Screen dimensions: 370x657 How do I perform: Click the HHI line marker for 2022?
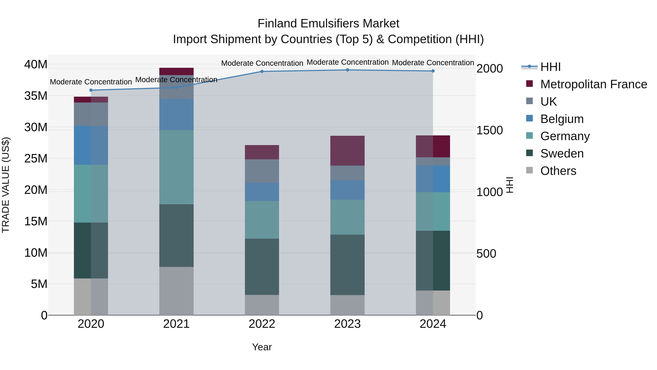[x=262, y=71]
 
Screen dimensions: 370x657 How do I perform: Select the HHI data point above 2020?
[x=91, y=90]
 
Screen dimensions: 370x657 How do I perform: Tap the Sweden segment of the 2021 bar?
[x=176, y=236]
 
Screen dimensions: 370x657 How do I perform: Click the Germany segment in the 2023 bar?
[x=347, y=217]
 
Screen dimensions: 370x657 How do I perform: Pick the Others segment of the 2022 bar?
[x=262, y=305]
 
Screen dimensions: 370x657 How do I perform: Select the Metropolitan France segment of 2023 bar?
[x=347, y=151]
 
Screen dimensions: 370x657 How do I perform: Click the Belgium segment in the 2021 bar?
[x=176, y=114]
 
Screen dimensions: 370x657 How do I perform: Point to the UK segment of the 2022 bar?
[x=262, y=171]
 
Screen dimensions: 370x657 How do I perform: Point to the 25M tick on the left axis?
[x=36, y=159]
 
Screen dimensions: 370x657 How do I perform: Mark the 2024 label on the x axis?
[x=433, y=324]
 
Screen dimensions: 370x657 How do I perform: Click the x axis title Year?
[x=262, y=347]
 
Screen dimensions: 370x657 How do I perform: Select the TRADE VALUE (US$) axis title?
[x=6, y=185]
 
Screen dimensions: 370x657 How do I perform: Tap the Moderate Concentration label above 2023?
[x=347, y=62]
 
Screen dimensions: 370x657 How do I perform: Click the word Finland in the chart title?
[x=277, y=24]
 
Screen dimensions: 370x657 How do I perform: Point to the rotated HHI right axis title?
[x=509, y=185]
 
